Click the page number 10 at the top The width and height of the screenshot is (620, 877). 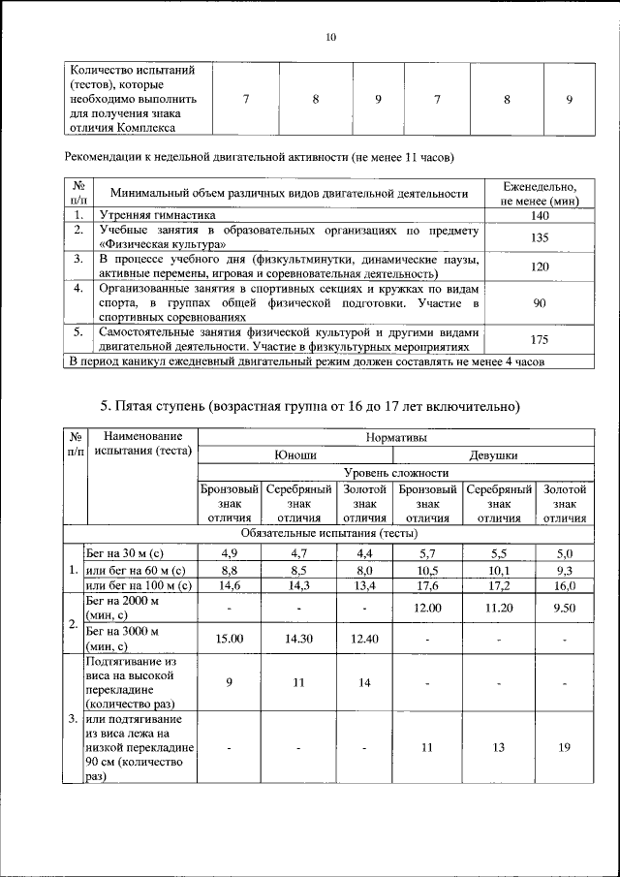tap(330, 38)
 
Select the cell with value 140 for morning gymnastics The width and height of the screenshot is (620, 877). tap(541, 215)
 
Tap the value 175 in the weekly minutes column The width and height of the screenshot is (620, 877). tap(541, 339)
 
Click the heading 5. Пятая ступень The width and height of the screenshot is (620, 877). tap(310, 404)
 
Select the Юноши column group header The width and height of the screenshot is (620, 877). tap(296, 454)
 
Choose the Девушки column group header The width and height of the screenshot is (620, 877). tap(493, 454)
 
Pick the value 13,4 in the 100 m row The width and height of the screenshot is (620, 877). tap(364, 585)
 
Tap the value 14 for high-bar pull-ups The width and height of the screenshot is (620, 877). tap(364, 682)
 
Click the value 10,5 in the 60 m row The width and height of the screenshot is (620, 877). tap(428, 569)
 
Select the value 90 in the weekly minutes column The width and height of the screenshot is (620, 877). tap(541, 302)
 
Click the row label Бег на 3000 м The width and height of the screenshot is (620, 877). tap(121, 631)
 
